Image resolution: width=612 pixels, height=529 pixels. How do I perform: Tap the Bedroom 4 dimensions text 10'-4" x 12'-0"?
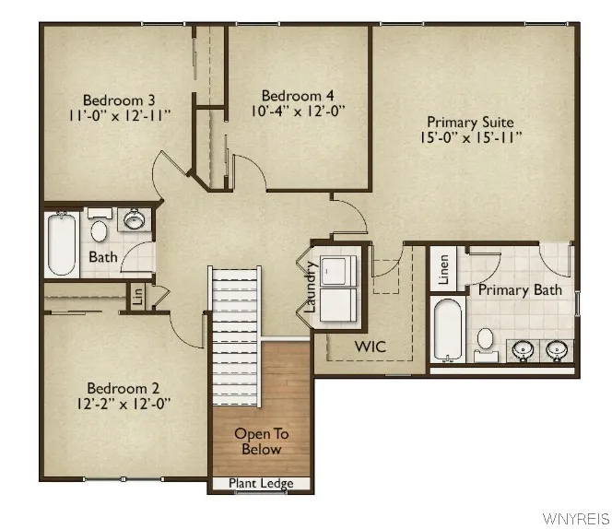(298, 111)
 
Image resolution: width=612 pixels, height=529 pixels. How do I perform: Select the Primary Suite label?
(470, 122)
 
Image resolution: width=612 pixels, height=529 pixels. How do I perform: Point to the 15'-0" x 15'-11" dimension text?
(470, 138)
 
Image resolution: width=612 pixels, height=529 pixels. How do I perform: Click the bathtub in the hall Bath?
(61, 244)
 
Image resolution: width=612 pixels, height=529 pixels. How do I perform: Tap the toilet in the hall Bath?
(99, 225)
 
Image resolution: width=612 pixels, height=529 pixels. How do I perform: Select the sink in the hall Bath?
(135, 220)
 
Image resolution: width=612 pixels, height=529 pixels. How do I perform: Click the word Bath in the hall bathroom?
(103, 257)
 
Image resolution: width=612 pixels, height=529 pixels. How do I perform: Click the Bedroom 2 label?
(118, 387)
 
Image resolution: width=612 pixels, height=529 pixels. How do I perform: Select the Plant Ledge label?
(262, 484)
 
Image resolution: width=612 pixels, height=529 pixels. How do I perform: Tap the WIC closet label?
(370, 347)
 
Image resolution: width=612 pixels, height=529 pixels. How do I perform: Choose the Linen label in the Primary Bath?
(443, 269)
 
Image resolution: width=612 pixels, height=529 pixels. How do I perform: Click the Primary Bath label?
(520, 290)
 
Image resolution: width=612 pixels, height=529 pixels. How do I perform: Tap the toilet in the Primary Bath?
(486, 341)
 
